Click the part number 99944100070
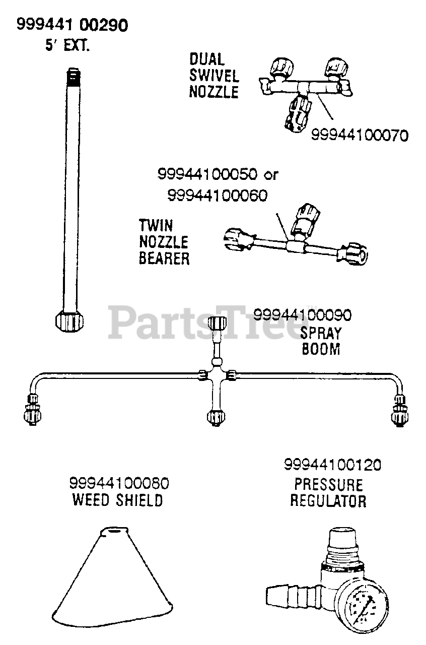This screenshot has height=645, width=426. (x=359, y=135)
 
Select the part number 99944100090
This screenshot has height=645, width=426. (x=302, y=316)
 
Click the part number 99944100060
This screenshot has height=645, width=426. (x=217, y=195)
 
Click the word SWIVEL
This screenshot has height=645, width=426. (x=214, y=76)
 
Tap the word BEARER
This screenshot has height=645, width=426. (x=164, y=259)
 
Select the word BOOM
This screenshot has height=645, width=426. (x=321, y=349)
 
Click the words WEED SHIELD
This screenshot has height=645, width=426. (x=118, y=500)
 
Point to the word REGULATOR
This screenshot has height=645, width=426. (x=328, y=501)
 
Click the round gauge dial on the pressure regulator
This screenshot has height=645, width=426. (x=362, y=605)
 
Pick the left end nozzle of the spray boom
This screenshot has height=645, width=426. (x=30, y=411)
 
